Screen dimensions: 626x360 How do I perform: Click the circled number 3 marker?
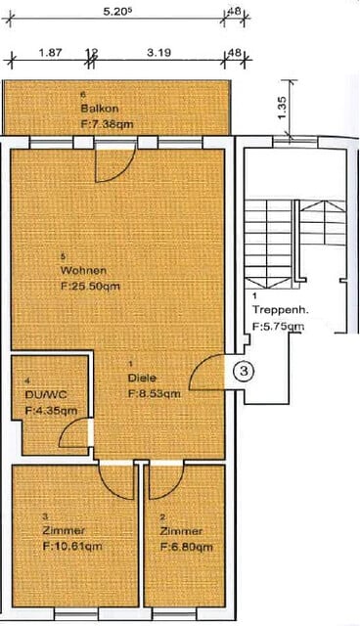(247, 371)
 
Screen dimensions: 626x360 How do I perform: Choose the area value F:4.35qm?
(51, 410)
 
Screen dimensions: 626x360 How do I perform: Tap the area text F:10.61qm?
(71, 547)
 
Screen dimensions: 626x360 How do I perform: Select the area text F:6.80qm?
(186, 547)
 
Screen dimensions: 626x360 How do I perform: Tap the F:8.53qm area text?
(154, 393)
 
